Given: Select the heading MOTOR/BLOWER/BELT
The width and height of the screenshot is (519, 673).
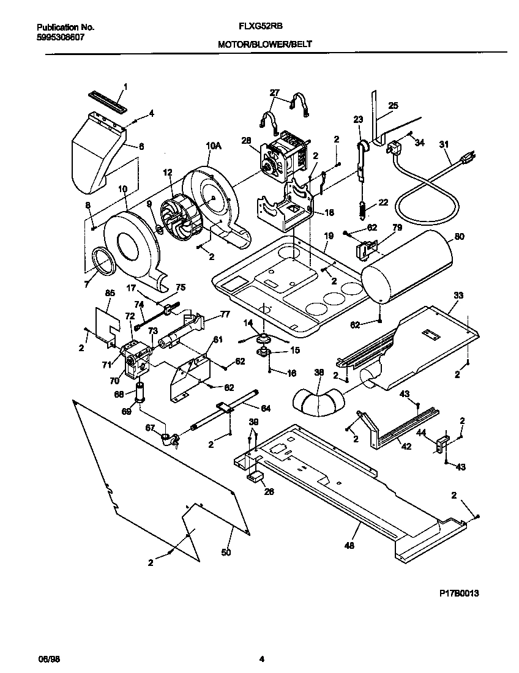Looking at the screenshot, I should (259, 45).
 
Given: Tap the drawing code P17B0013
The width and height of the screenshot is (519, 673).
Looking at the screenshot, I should (459, 593).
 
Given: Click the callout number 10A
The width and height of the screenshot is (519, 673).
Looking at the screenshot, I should (213, 146).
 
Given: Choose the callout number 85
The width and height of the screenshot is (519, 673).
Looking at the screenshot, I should (111, 292).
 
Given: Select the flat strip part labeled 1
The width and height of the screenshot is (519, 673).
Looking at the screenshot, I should (108, 100).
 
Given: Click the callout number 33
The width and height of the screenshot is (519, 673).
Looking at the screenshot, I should (458, 296).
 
